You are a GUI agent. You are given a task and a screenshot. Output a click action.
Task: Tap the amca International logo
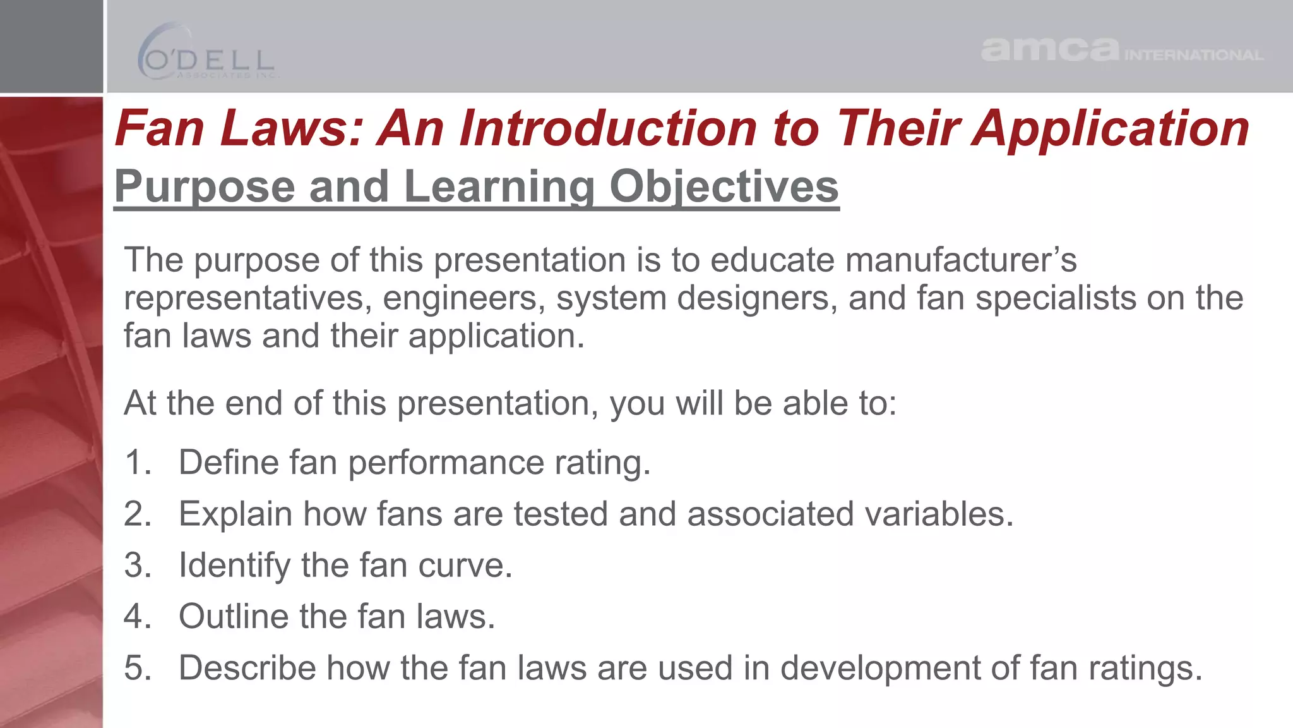coord(1121,49)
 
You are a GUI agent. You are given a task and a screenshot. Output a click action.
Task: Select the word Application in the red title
coord(1110,128)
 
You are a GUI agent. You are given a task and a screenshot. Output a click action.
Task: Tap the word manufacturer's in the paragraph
coord(960,260)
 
